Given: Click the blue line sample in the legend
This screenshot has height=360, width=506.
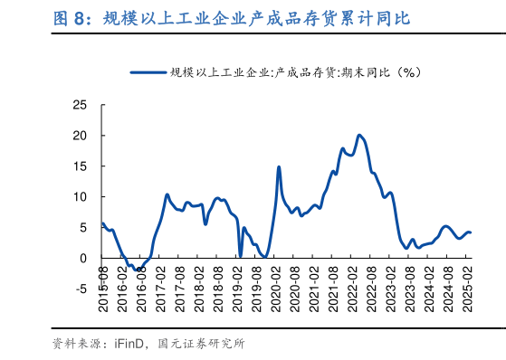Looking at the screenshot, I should click(x=148, y=71).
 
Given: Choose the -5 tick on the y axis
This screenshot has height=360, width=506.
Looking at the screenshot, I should click(x=81, y=289).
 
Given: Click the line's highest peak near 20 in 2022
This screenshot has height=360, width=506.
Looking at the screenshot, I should click(x=359, y=136).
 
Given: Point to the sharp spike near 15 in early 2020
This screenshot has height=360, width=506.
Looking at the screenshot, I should click(x=279, y=167).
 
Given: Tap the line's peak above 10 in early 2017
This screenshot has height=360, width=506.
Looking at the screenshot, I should click(x=167, y=194).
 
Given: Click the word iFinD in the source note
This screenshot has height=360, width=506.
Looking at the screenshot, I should click(x=130, y=344).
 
